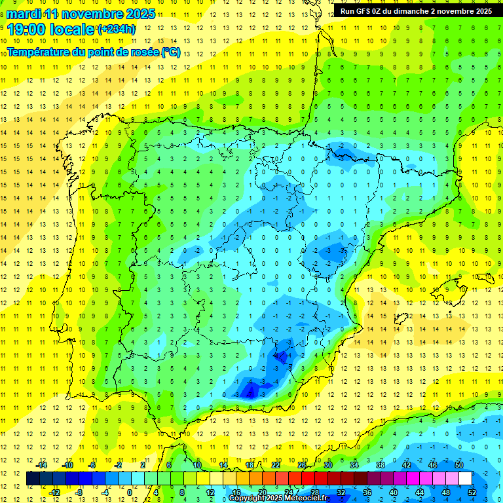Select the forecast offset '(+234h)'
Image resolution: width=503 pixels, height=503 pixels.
[x=116, y=29]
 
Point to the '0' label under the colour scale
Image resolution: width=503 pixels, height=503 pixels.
[x=129, y=492]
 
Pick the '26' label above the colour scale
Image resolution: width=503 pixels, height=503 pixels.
[x=302, y=465]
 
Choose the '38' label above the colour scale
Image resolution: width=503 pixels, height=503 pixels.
[x=381, y=465]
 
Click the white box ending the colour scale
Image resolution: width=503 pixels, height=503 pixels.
[x=466, y=479]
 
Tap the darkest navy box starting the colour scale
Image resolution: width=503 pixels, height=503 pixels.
[x=33, y=479]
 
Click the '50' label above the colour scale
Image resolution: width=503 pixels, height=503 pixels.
[x=459, y=465]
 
